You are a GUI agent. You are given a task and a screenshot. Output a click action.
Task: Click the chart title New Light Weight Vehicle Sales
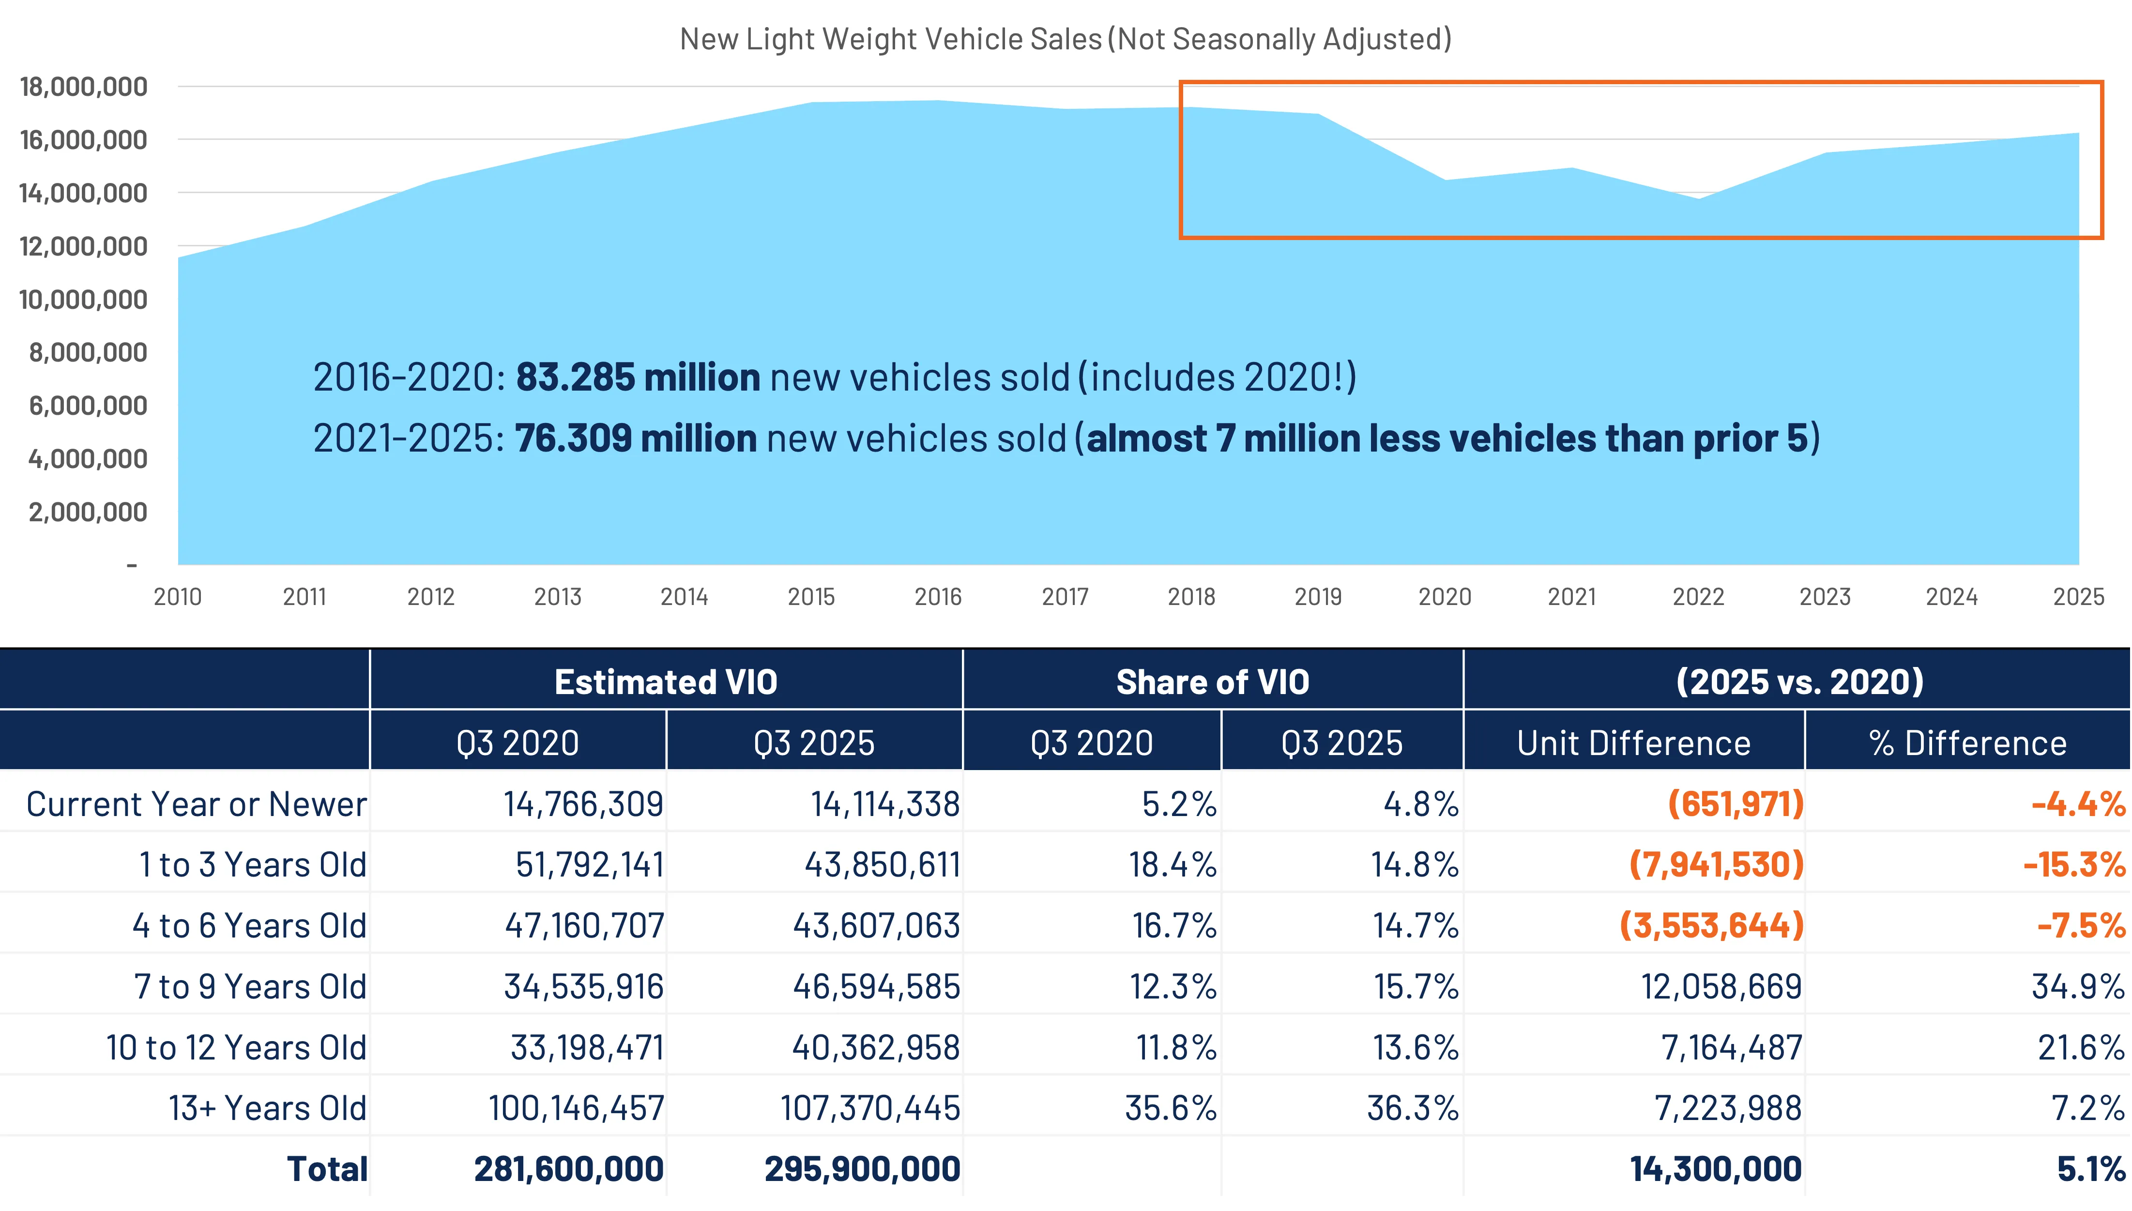point(1065,39)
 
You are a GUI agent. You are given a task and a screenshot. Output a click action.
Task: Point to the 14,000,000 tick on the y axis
point(83,193)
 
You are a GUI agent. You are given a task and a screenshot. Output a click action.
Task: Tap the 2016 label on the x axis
point(938,596)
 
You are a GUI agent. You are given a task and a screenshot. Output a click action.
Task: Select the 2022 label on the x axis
point(1698,596)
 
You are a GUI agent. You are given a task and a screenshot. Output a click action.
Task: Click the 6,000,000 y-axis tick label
point(88,406)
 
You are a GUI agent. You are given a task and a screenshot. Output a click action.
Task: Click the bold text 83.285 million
point(637,377)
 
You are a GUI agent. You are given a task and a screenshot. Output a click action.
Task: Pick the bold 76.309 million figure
point(636,439)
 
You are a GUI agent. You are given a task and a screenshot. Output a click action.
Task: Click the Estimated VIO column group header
point(666,682)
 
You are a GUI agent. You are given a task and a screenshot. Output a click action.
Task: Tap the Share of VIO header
point(1212,682)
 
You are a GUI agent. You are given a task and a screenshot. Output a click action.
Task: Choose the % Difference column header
point(1967,743)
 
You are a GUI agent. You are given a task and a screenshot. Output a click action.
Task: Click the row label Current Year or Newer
point(197,804)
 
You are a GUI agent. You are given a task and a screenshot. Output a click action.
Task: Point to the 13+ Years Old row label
point(267,1108)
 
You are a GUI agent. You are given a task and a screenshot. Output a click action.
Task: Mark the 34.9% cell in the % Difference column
point(2077,986)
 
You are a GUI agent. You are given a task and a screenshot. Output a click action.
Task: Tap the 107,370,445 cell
point(869,1108)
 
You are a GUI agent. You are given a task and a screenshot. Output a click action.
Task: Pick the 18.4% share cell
point(1172,865)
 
